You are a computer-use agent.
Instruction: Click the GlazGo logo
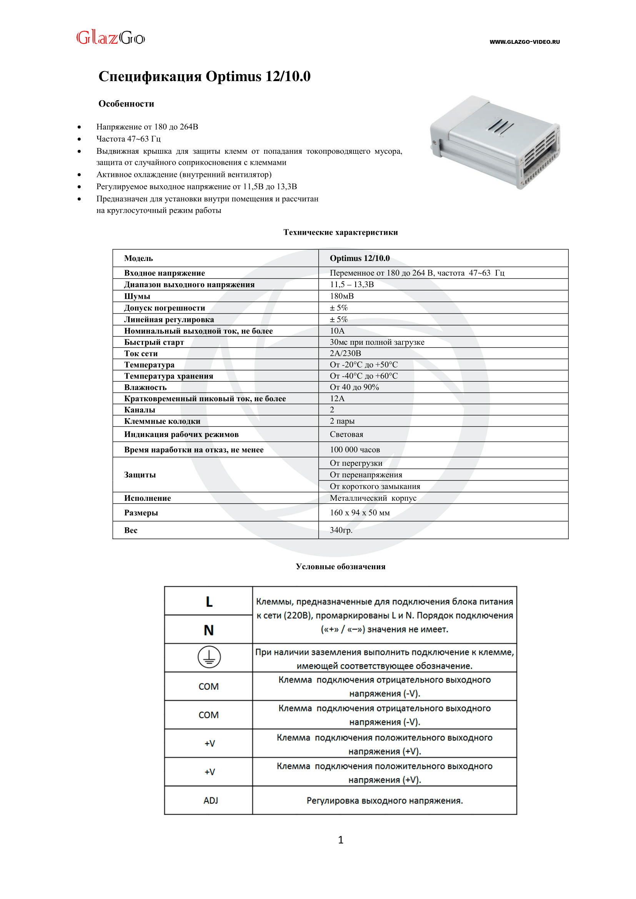point(110,38)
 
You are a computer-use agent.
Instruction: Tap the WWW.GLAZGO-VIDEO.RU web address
point(524,42)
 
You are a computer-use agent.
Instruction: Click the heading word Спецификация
point(150,76)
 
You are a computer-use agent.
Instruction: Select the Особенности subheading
point(126,104)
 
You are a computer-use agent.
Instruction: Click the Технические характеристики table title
point(340,232)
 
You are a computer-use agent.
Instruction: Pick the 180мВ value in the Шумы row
point(341,296)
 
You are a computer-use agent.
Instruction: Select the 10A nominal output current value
point(337,331)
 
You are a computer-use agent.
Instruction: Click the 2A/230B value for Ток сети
point(345,353)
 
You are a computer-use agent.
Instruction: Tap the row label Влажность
point(145,387)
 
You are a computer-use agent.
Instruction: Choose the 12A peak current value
point(337,399)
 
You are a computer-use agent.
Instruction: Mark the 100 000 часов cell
point(355,450)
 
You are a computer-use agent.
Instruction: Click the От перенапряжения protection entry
point(366,475)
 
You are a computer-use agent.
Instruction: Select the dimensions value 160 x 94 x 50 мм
point(360,513)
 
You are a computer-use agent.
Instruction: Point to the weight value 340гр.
point(341,530)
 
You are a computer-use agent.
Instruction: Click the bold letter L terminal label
point(209,602)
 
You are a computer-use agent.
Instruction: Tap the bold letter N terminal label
point(209,630)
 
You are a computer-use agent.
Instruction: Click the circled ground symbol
point(209,656)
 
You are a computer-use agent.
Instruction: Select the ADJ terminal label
point(210,800)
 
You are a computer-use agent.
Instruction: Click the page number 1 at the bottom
point(340,839)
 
